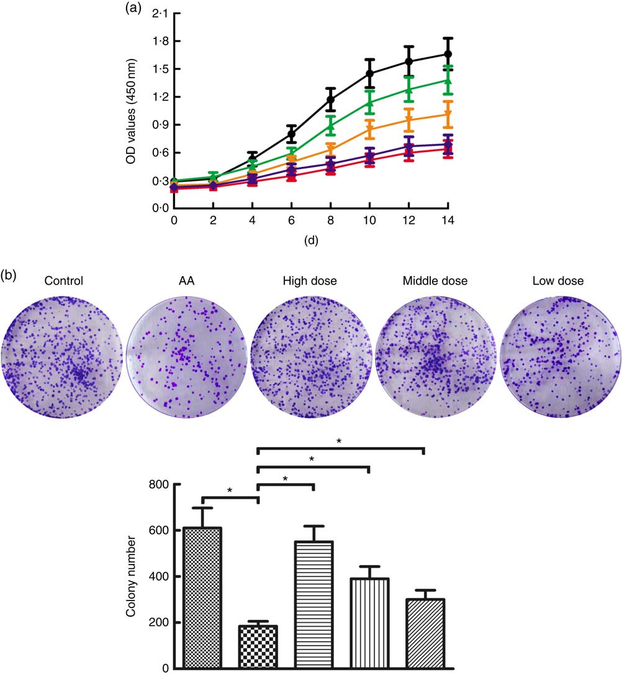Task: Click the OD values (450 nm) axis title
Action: (x=131, y=112)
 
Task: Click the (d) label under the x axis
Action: (x=310, y=240)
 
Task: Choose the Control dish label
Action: (x=63, y=281)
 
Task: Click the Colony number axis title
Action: (x=132, y=576)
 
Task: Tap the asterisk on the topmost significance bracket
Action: (x=339, y=441)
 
